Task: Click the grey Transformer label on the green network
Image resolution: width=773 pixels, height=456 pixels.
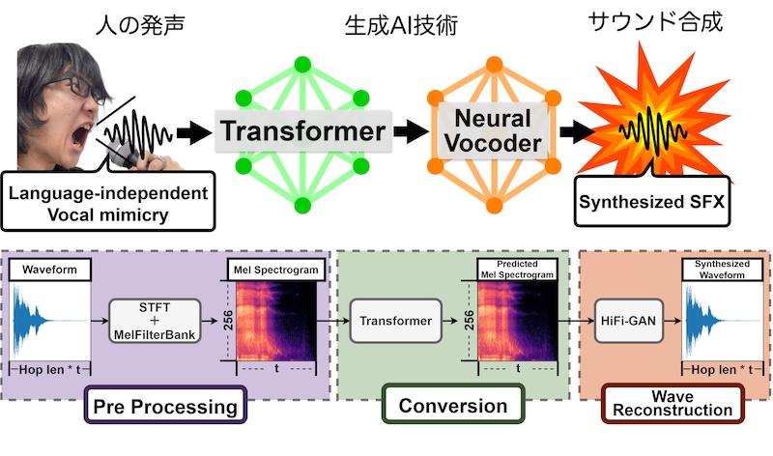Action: pyautogui.click(x=301, y=131)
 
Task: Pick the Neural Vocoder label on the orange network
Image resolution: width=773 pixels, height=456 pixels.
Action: pyautogui.click(x=486, y=131)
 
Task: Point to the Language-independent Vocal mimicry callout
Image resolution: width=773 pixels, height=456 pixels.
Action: pyautogui.click(x=108, y=202)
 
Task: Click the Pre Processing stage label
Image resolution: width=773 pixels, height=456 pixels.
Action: pyautogui.click(x=165, y=406)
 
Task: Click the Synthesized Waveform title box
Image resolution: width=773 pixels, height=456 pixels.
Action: pyautogui.click(x=723, y=270)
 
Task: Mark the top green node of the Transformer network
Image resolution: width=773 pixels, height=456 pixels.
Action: pyautogui.click(x=301, y=65)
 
